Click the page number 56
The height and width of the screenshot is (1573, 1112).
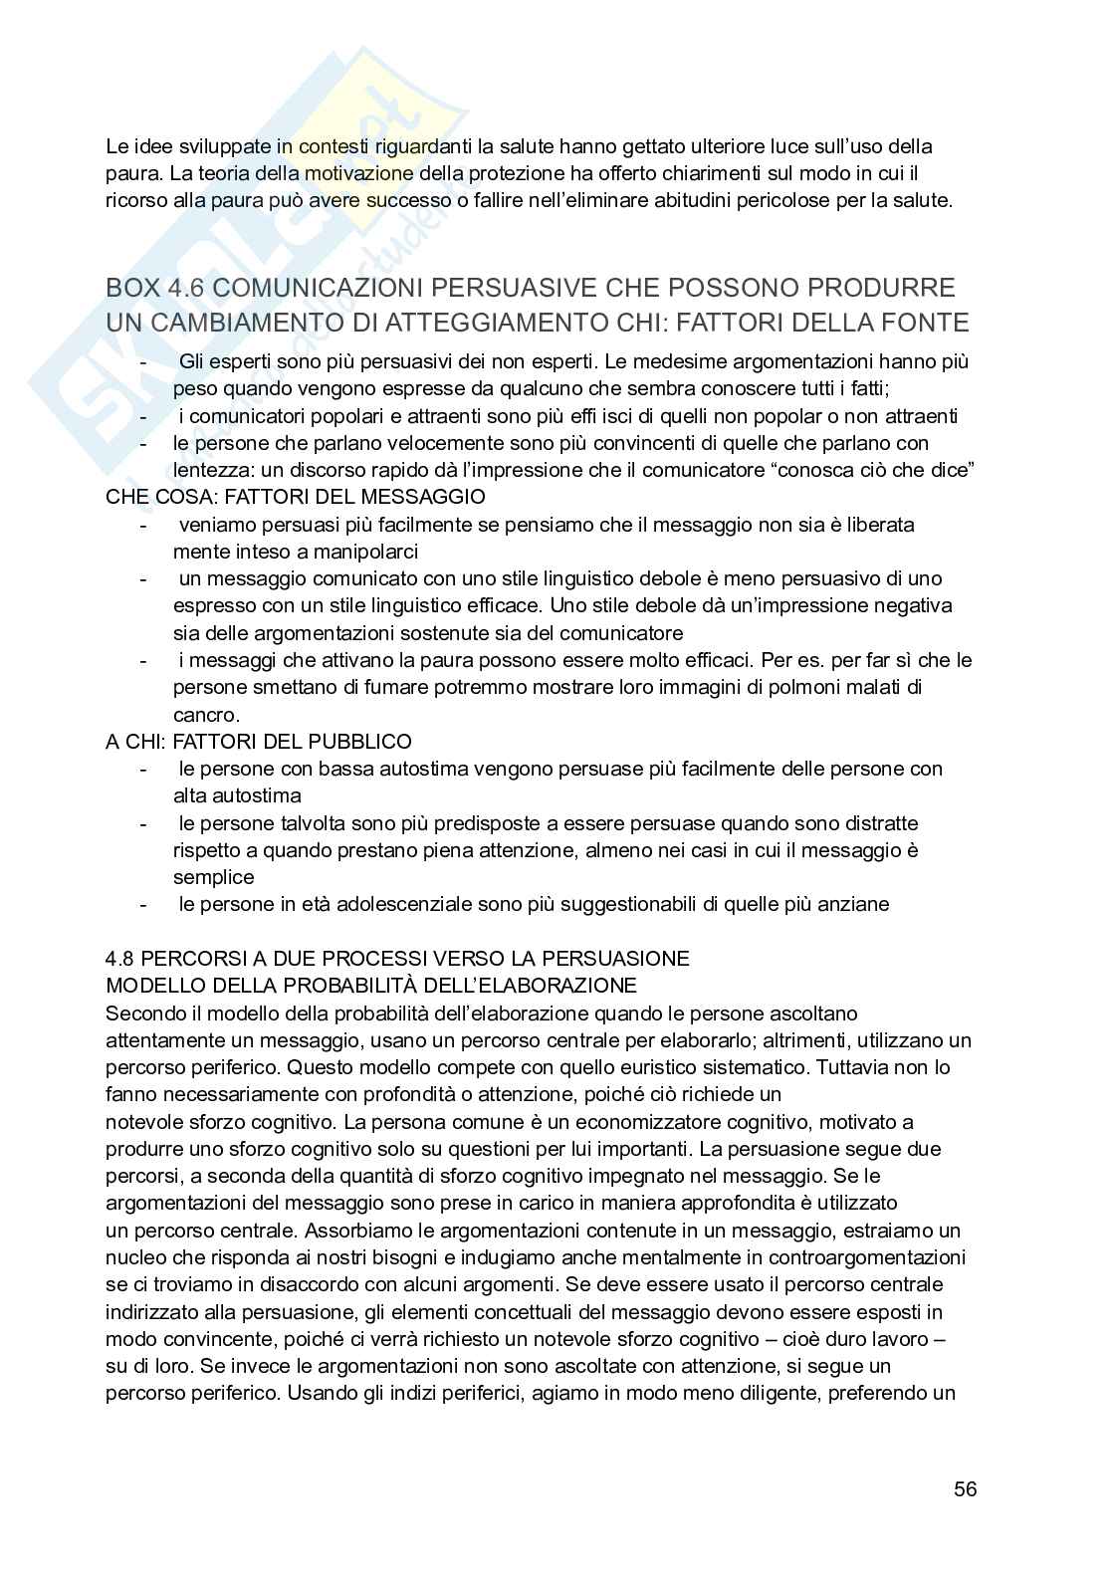(x=965, y=1489)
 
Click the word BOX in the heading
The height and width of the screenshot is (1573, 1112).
(x=132, y=288)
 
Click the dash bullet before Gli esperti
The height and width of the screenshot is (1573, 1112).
(x=146, y=360)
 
